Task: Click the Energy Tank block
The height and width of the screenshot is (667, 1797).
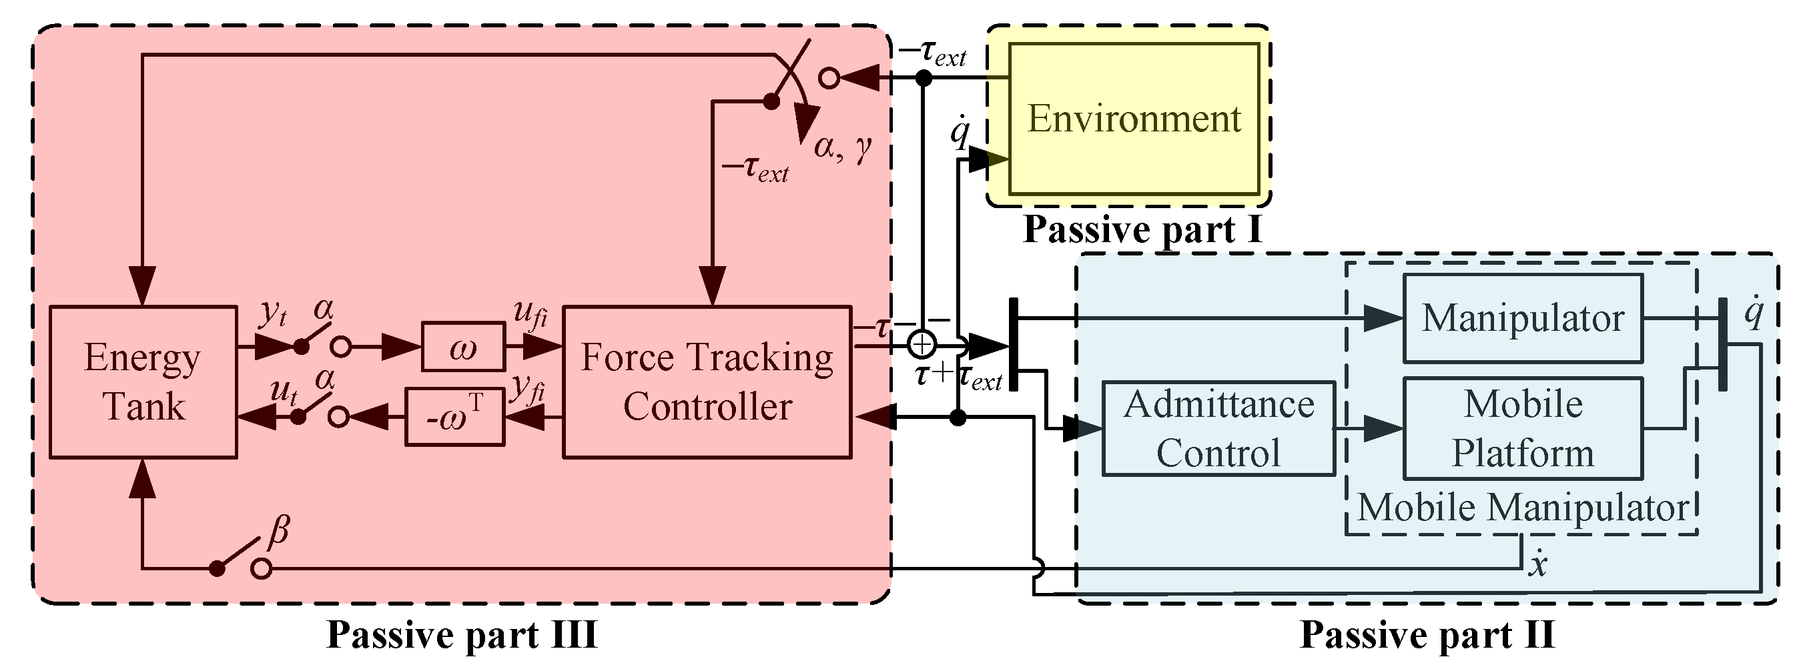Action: coord(143,382)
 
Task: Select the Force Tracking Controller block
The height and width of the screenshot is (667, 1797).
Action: coord(707,382)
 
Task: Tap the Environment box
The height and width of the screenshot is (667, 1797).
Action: coord(1134,119)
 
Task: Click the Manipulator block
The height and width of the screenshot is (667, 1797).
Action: coord(1523,319)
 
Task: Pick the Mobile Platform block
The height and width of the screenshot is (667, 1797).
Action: coord(1523,428)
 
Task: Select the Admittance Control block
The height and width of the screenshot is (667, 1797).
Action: coord(1218,428)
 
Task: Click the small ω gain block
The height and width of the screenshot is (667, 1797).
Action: coord(463,346)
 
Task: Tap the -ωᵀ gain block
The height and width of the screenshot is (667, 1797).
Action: coord(455,417)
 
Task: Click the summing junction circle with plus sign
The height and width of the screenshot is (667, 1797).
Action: coord(922,344)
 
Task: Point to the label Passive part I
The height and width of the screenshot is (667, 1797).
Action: coord(1142,229)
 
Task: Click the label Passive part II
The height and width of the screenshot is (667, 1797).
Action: coord(1427,635)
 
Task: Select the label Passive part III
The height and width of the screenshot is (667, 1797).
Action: coord(462,635)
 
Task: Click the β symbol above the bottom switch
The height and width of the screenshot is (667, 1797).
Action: coord(278,532)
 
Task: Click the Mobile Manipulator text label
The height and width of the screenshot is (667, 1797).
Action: coord(1522,508)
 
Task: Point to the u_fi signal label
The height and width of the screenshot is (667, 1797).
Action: coord(530,315)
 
